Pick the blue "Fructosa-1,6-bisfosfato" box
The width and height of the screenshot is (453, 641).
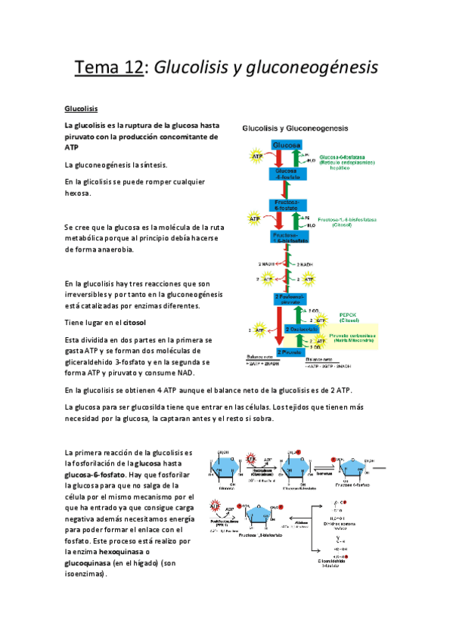287,237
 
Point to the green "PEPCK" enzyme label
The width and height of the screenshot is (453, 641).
348,315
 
